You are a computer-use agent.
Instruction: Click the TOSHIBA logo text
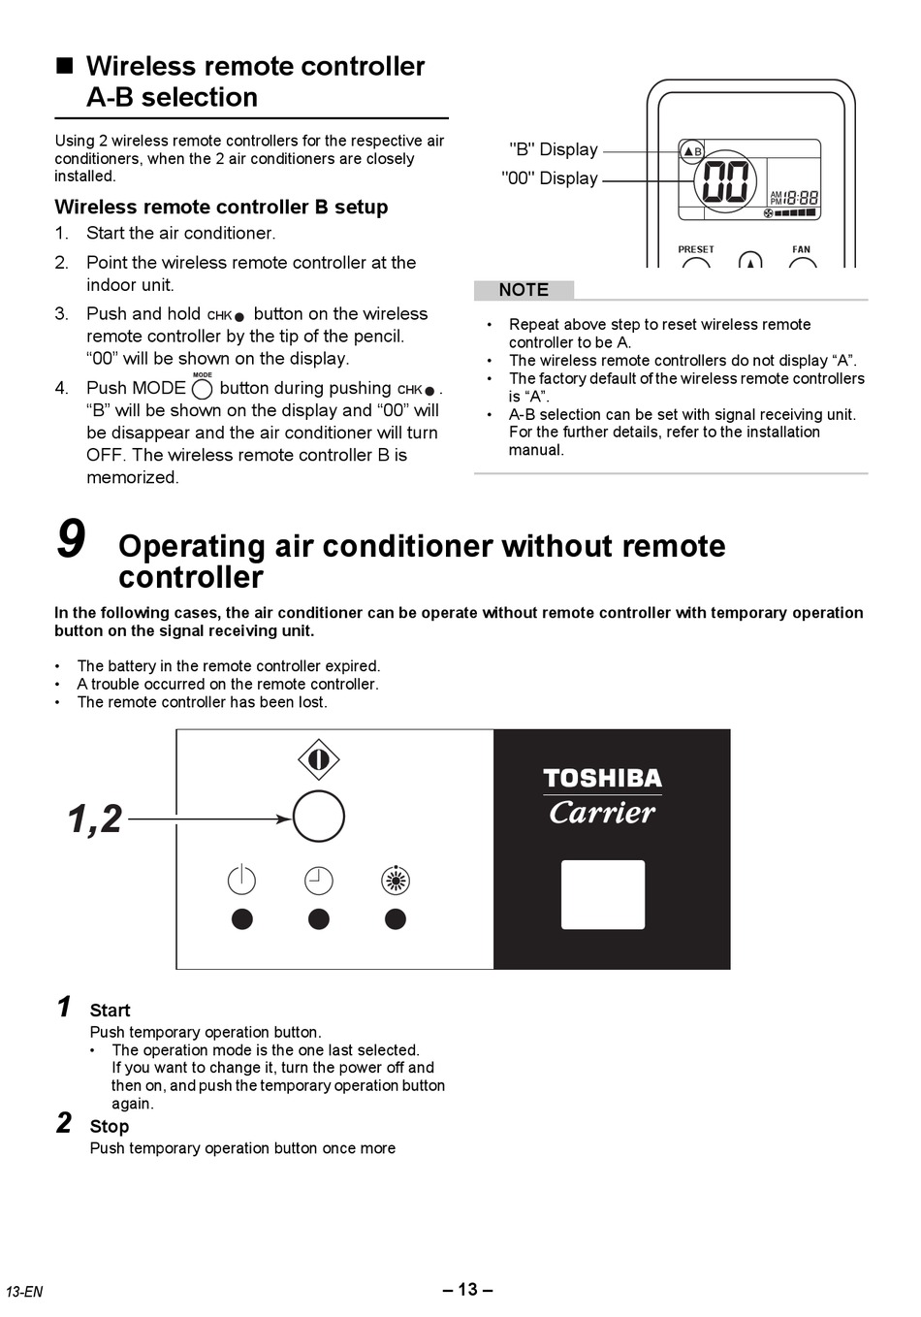[602, 779]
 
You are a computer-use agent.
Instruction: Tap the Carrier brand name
[602, 812]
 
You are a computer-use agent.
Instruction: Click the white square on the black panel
[603, 894]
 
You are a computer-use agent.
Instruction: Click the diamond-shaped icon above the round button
[318, 759]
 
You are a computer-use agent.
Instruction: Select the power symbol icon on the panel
[241, 880]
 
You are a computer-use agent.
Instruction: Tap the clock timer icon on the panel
[318, 881]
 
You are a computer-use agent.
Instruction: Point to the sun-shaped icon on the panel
[396, 881]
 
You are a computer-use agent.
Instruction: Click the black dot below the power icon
[242, 918]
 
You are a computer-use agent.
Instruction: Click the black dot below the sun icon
[396, 918]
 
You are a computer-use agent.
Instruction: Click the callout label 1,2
[95, 819]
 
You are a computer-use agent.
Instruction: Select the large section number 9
[71, 540]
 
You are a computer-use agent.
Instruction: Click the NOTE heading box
[524, 290]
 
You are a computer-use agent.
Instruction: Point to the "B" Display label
[554, 149]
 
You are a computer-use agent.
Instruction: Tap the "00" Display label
[550, 178]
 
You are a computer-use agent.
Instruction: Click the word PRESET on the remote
[696, 249]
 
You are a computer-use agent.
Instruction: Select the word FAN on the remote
[801, 249]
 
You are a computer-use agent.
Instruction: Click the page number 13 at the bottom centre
[467, 1289]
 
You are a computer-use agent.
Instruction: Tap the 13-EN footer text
[24, 1292]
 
